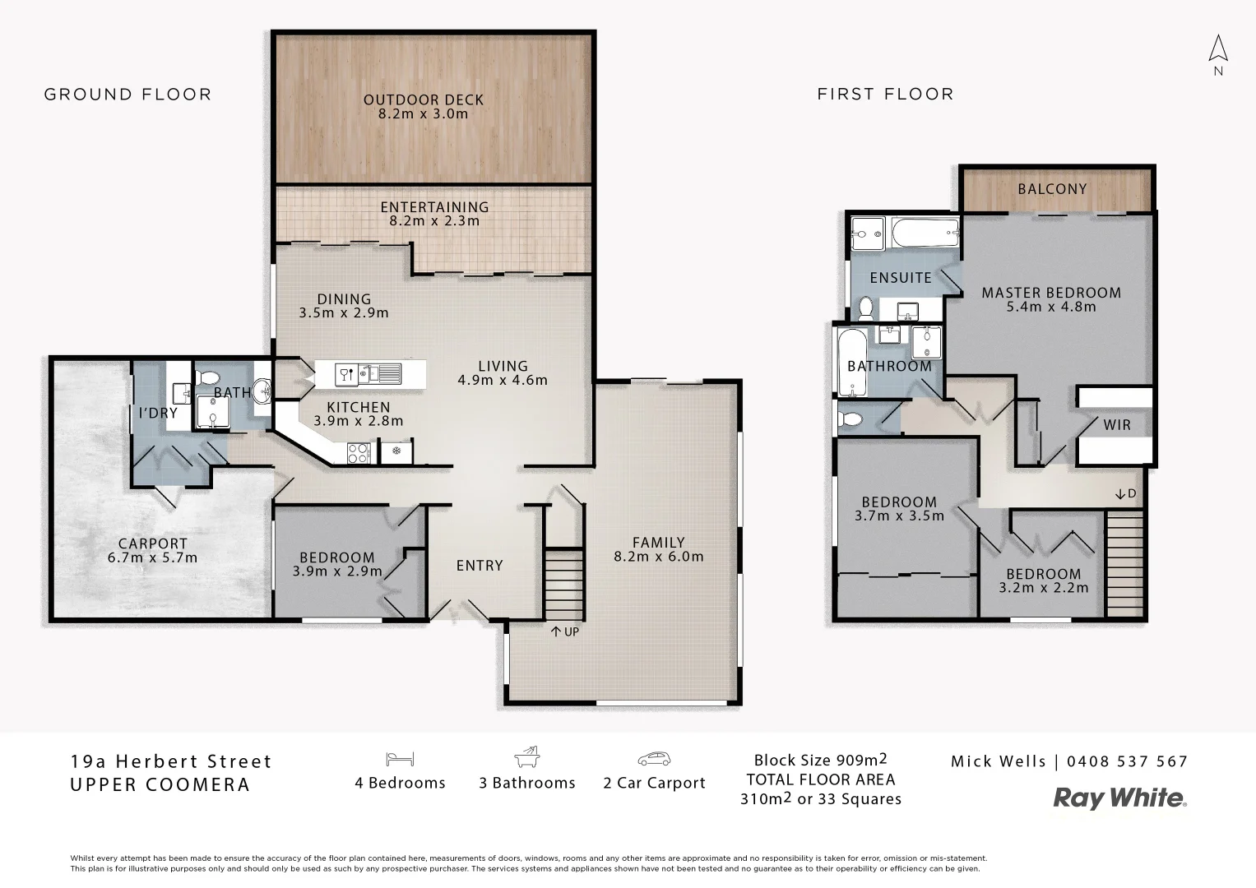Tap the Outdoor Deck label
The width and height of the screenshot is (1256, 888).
pyautogui.click(x=424, y=100)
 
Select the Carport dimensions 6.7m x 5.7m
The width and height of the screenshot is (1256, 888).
pyautogui.click(x=153, y=557)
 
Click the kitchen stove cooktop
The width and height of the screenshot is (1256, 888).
pyautogui.click(x=359, y=451)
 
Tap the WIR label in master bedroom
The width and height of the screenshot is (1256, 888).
pyautogui.click(x=1117, y=425)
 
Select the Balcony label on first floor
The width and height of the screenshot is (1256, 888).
pyautogui.click(x=1052, y=188)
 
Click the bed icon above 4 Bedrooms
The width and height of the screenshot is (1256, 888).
pyautogui.click(x=400, y=759)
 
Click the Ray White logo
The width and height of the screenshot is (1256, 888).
pyautogui.click(x=1120, y=798)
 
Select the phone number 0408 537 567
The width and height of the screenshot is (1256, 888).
pyautogui.click(x=1127, y=761)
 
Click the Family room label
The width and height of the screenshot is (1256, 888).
pyautogui.click(x=658, y=543)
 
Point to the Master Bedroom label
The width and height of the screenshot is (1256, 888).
pyautogui.click(x=1051, y=293)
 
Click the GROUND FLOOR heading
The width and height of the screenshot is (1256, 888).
pyautogui.click(x=127, y=95)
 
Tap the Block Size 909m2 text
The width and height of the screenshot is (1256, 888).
pyautogui.click(x=820, y=760)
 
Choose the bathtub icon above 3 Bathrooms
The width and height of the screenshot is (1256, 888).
pyautogui.click(x=527, y=757)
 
